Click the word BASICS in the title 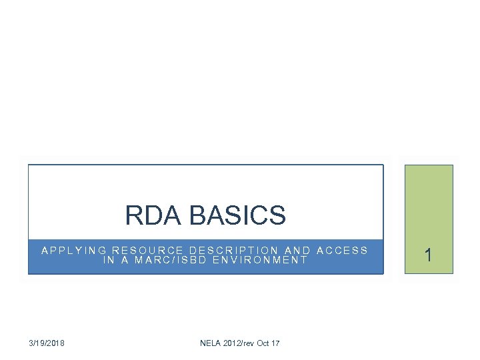[237, 215]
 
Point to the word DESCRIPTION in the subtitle [232, 251]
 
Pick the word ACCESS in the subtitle [342, 251]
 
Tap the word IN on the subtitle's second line [109, 260]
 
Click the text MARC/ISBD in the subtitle [171, 260]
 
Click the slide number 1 [429, 255]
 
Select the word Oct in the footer [262, 343]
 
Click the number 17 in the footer [275, 343]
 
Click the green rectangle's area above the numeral [429, 200]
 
